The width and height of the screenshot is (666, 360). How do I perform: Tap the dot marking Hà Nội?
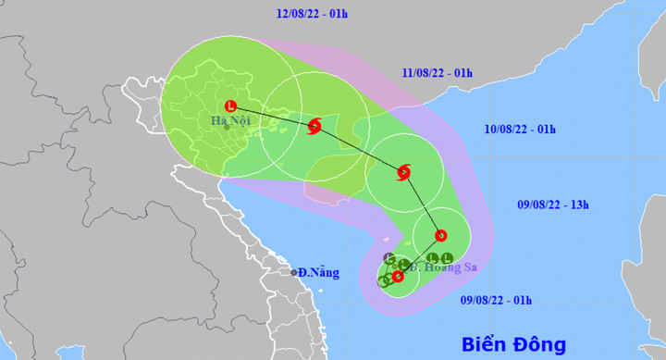coord(226,128)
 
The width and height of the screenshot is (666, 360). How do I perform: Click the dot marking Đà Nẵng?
coord(295,273)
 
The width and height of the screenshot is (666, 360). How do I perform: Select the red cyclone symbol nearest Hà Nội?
coord(314,125)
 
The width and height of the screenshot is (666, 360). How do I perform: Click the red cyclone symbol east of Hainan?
coord(403,171)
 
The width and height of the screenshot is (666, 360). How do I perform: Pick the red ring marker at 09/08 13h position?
coord(440,234)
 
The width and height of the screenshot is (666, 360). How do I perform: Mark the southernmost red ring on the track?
coord(398,276)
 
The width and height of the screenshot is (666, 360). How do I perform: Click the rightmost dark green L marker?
coord(447,258)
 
